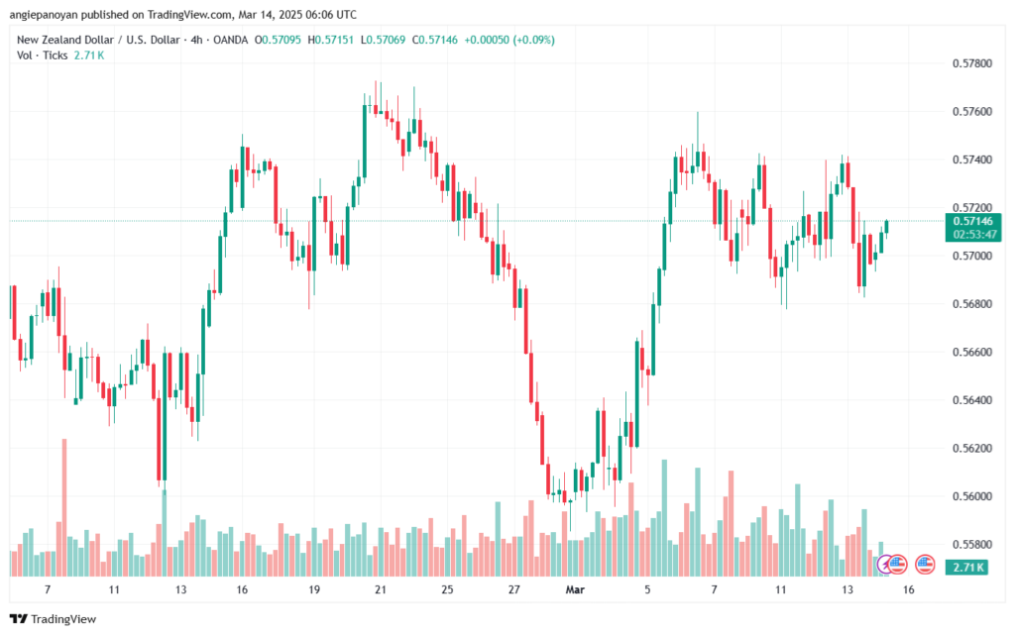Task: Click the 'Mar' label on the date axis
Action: point(575,588)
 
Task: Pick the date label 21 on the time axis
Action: point(380,588)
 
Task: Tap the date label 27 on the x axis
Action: point(514,588)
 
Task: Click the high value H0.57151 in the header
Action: point(333,40)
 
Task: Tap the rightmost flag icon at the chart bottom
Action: point(925,564)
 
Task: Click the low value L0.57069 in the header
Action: point(386,40)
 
